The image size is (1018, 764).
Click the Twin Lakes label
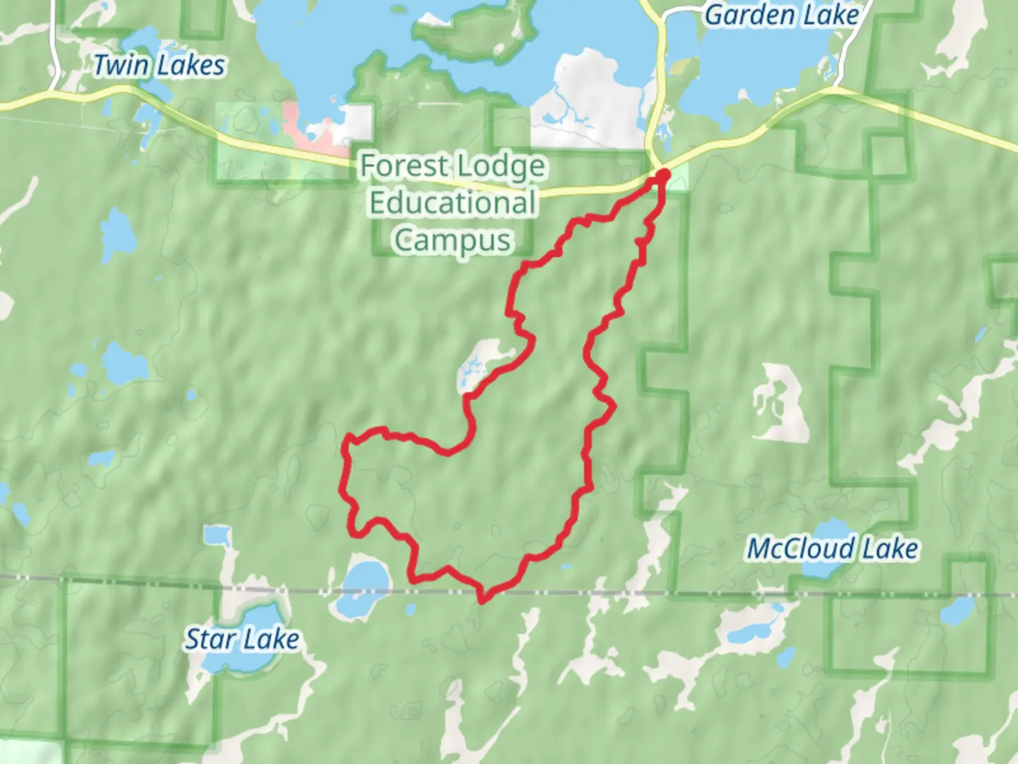coord(160,66)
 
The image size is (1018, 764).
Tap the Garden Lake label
coord(782,15)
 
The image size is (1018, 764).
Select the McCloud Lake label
coord(833,549)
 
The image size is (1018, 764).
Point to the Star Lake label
coord(242,639)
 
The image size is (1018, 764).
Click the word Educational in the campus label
coord(452,203)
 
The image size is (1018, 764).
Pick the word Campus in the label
coord(452,240)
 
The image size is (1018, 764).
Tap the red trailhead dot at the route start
coord(663,174)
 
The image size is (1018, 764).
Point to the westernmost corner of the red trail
coord(344,446)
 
